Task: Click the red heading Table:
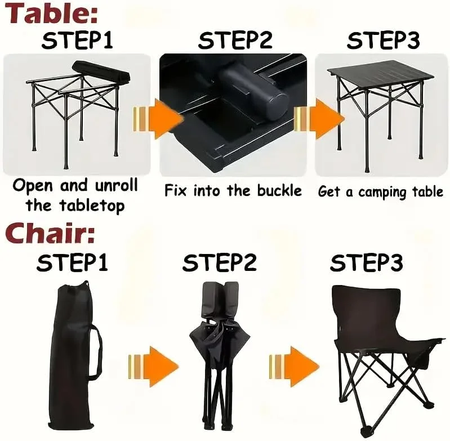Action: click(52, 13)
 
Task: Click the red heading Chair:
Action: click(50, 233)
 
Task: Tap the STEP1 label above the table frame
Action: click(77, 40)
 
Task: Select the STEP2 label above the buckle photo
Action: click(235, 40)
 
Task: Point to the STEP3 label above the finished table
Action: click(384, 40)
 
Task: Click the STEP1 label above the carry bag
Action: click(72, 262)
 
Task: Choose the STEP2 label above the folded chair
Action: click(220, 262)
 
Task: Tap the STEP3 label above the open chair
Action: click(367, 262)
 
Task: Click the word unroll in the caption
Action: click(116, 185)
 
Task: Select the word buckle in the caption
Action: click(279, 191)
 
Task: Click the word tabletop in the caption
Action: click(92, 206)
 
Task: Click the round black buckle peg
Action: click(254, 91)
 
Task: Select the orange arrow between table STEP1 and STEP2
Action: click(158, 119)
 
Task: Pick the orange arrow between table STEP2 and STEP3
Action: click(319, 119)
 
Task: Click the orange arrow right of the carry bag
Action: click(154, 367)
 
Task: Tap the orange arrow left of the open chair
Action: click(294, 367)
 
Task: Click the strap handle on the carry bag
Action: click(97, 354)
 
